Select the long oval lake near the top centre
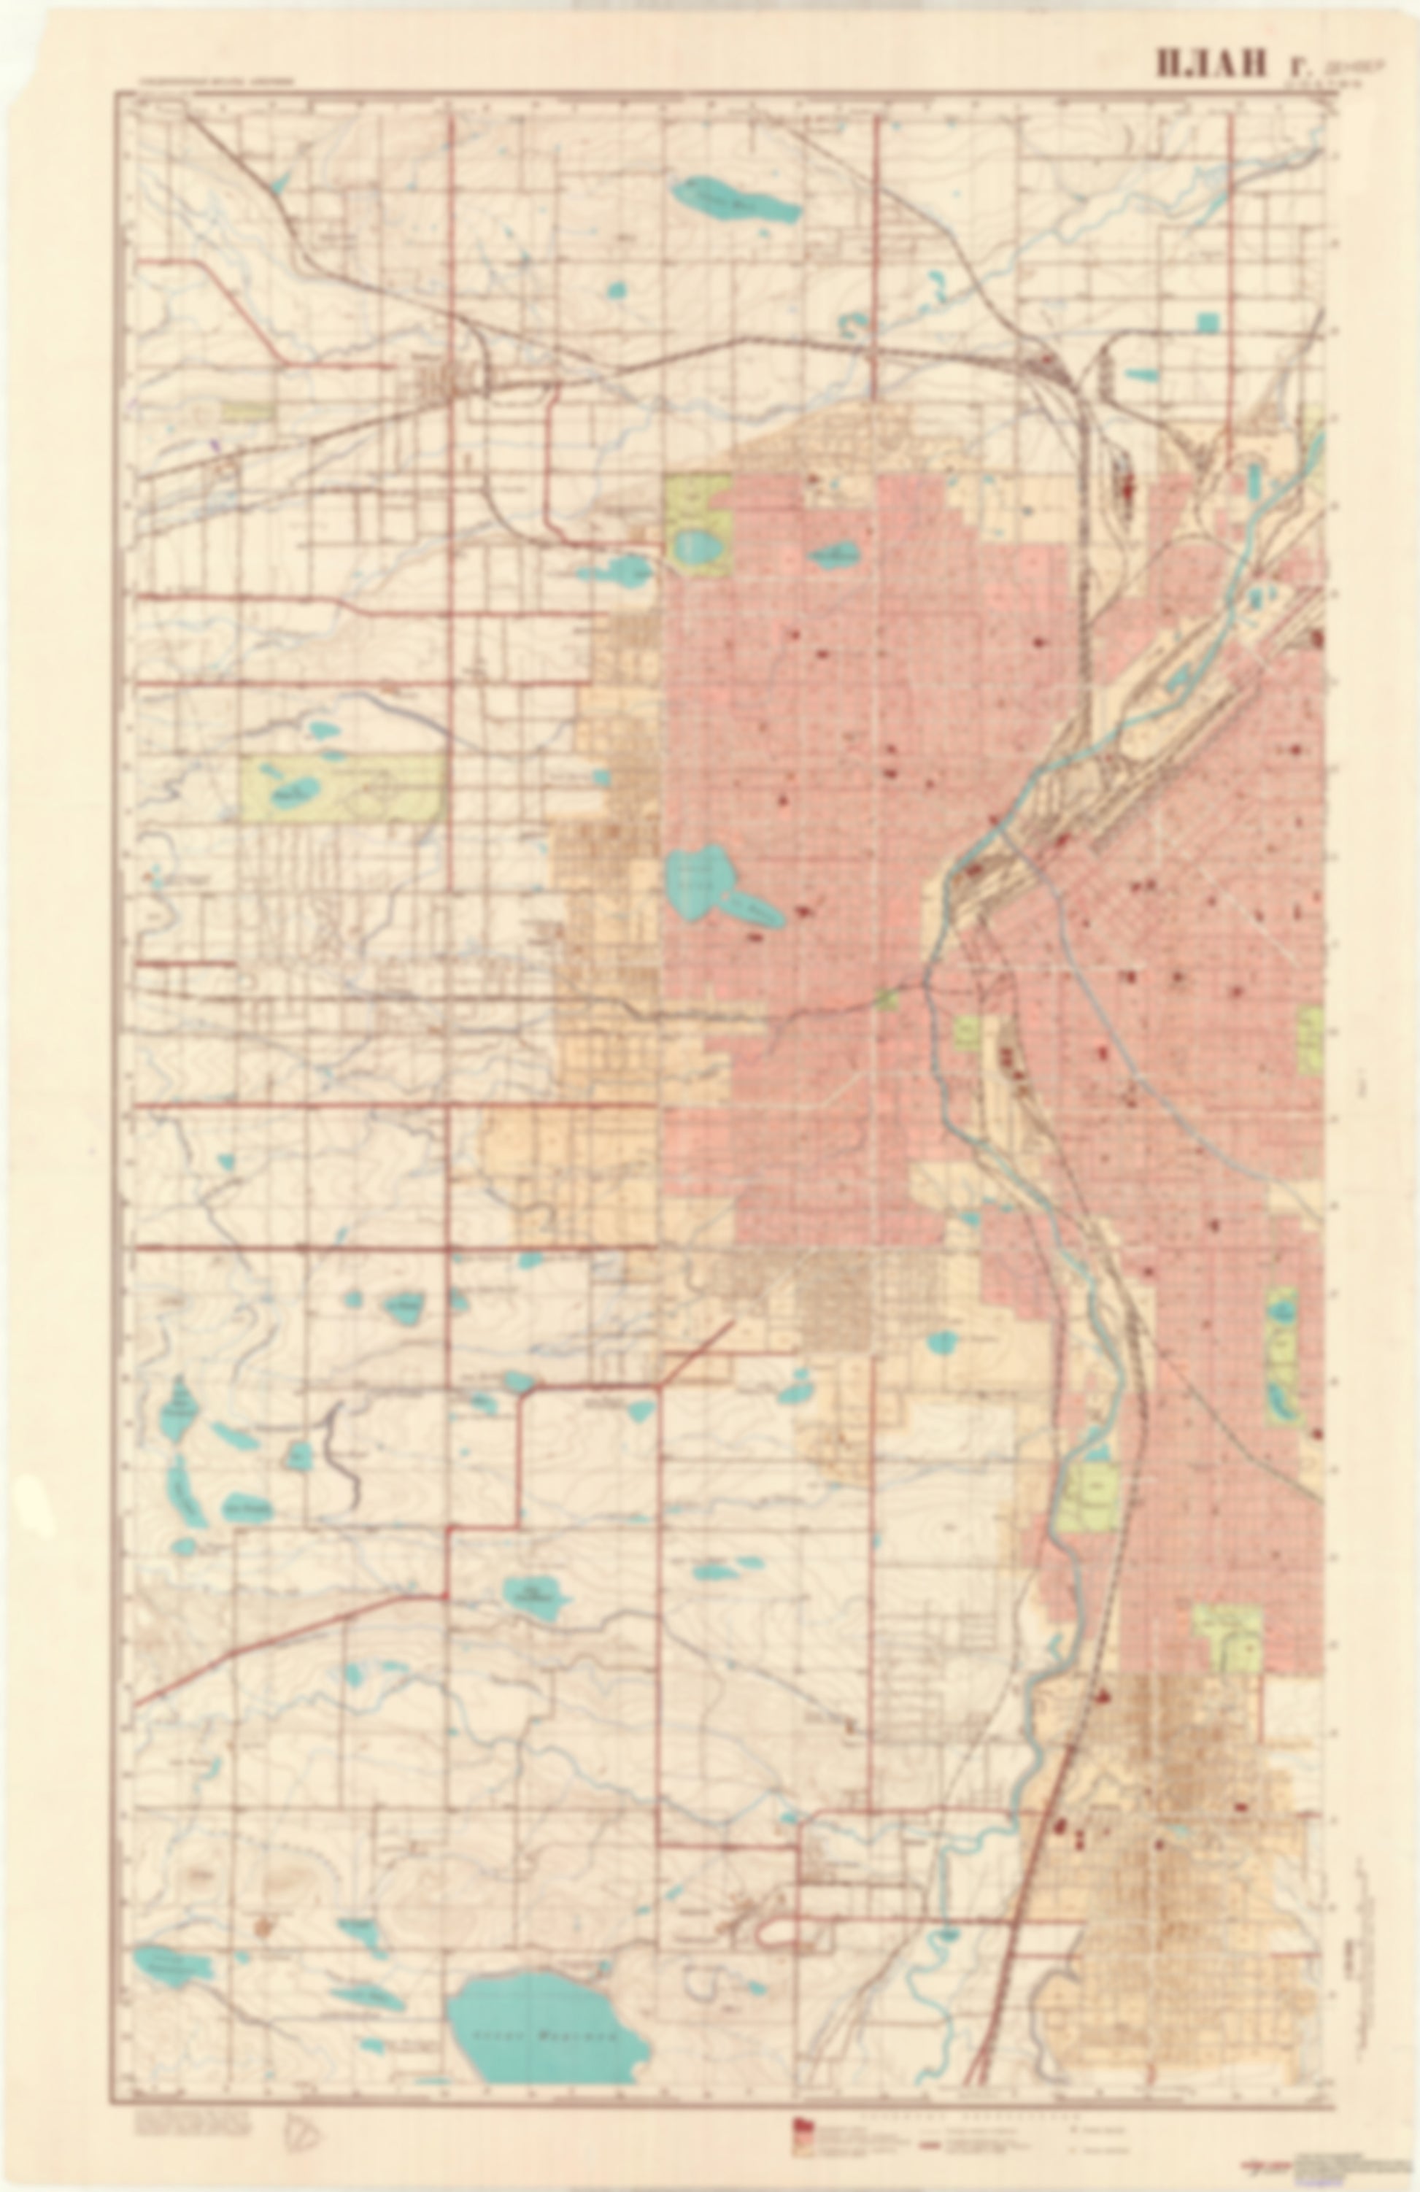[x=733, y=200]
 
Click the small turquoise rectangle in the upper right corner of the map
[x=1207, y=323]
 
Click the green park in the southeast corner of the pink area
[x=1230, y=1637]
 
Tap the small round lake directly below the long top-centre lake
[x=616, y=291]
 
